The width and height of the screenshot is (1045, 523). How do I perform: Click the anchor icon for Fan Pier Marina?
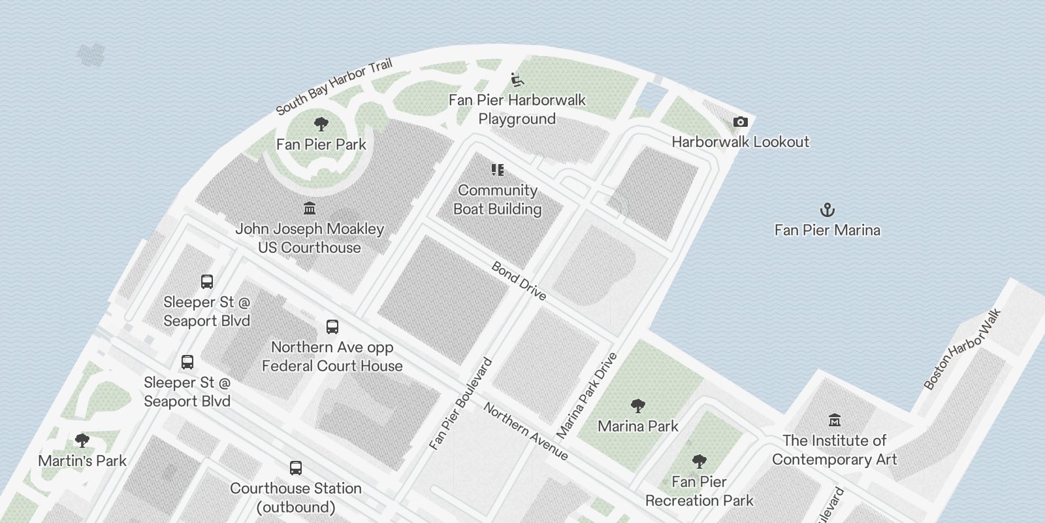pyautogui.click(x=828, y=210)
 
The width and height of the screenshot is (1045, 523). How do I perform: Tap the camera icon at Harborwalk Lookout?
pyautogui.click(x=740, y=122)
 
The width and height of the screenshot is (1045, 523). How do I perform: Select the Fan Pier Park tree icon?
pyautogui.click(x=321, y=124)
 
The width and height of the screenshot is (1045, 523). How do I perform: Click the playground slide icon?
pyautogui.click(x=517, y=80)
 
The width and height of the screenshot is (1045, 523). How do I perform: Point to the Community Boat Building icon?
pyautogui.click(x=498, y=170)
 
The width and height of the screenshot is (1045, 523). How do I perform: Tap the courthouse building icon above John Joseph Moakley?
pyautogui.click(x=310, y=208)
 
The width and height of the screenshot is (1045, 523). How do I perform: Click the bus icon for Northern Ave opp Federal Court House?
pyautogui.click(x=332, y=326)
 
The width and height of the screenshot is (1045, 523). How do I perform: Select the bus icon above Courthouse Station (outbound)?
pyautogui.click(x=296, y=467)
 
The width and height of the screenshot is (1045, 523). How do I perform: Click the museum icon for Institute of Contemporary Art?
pyautogui.click(x=834, y=420)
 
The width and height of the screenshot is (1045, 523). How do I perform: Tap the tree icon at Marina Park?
pyautogui.click(x=638, y=405)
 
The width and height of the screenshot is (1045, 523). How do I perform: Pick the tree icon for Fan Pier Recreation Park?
pyautogui.click(x=699, y=461)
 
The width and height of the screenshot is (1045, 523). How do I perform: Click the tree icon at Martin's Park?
pyautogui.click(x=82, y=440)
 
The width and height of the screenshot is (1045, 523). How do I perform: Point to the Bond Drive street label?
pyautogui.click(x=519, y=281)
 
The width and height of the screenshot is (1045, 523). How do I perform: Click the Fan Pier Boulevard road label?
pyautogui.click(x=461, y=404)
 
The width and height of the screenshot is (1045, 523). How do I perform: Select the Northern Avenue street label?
pyautogui.click(x=526, y=431)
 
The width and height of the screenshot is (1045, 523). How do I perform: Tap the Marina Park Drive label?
pyautogui.click(x=587, y=396)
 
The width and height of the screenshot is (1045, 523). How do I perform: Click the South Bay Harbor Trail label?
pyautogui.click(x=334, y=86)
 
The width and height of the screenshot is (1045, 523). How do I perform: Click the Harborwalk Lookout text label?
pyautogui.click(x=740, y=142)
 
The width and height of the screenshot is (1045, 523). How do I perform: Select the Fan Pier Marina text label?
pyautogui.click(x=827, y=230)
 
